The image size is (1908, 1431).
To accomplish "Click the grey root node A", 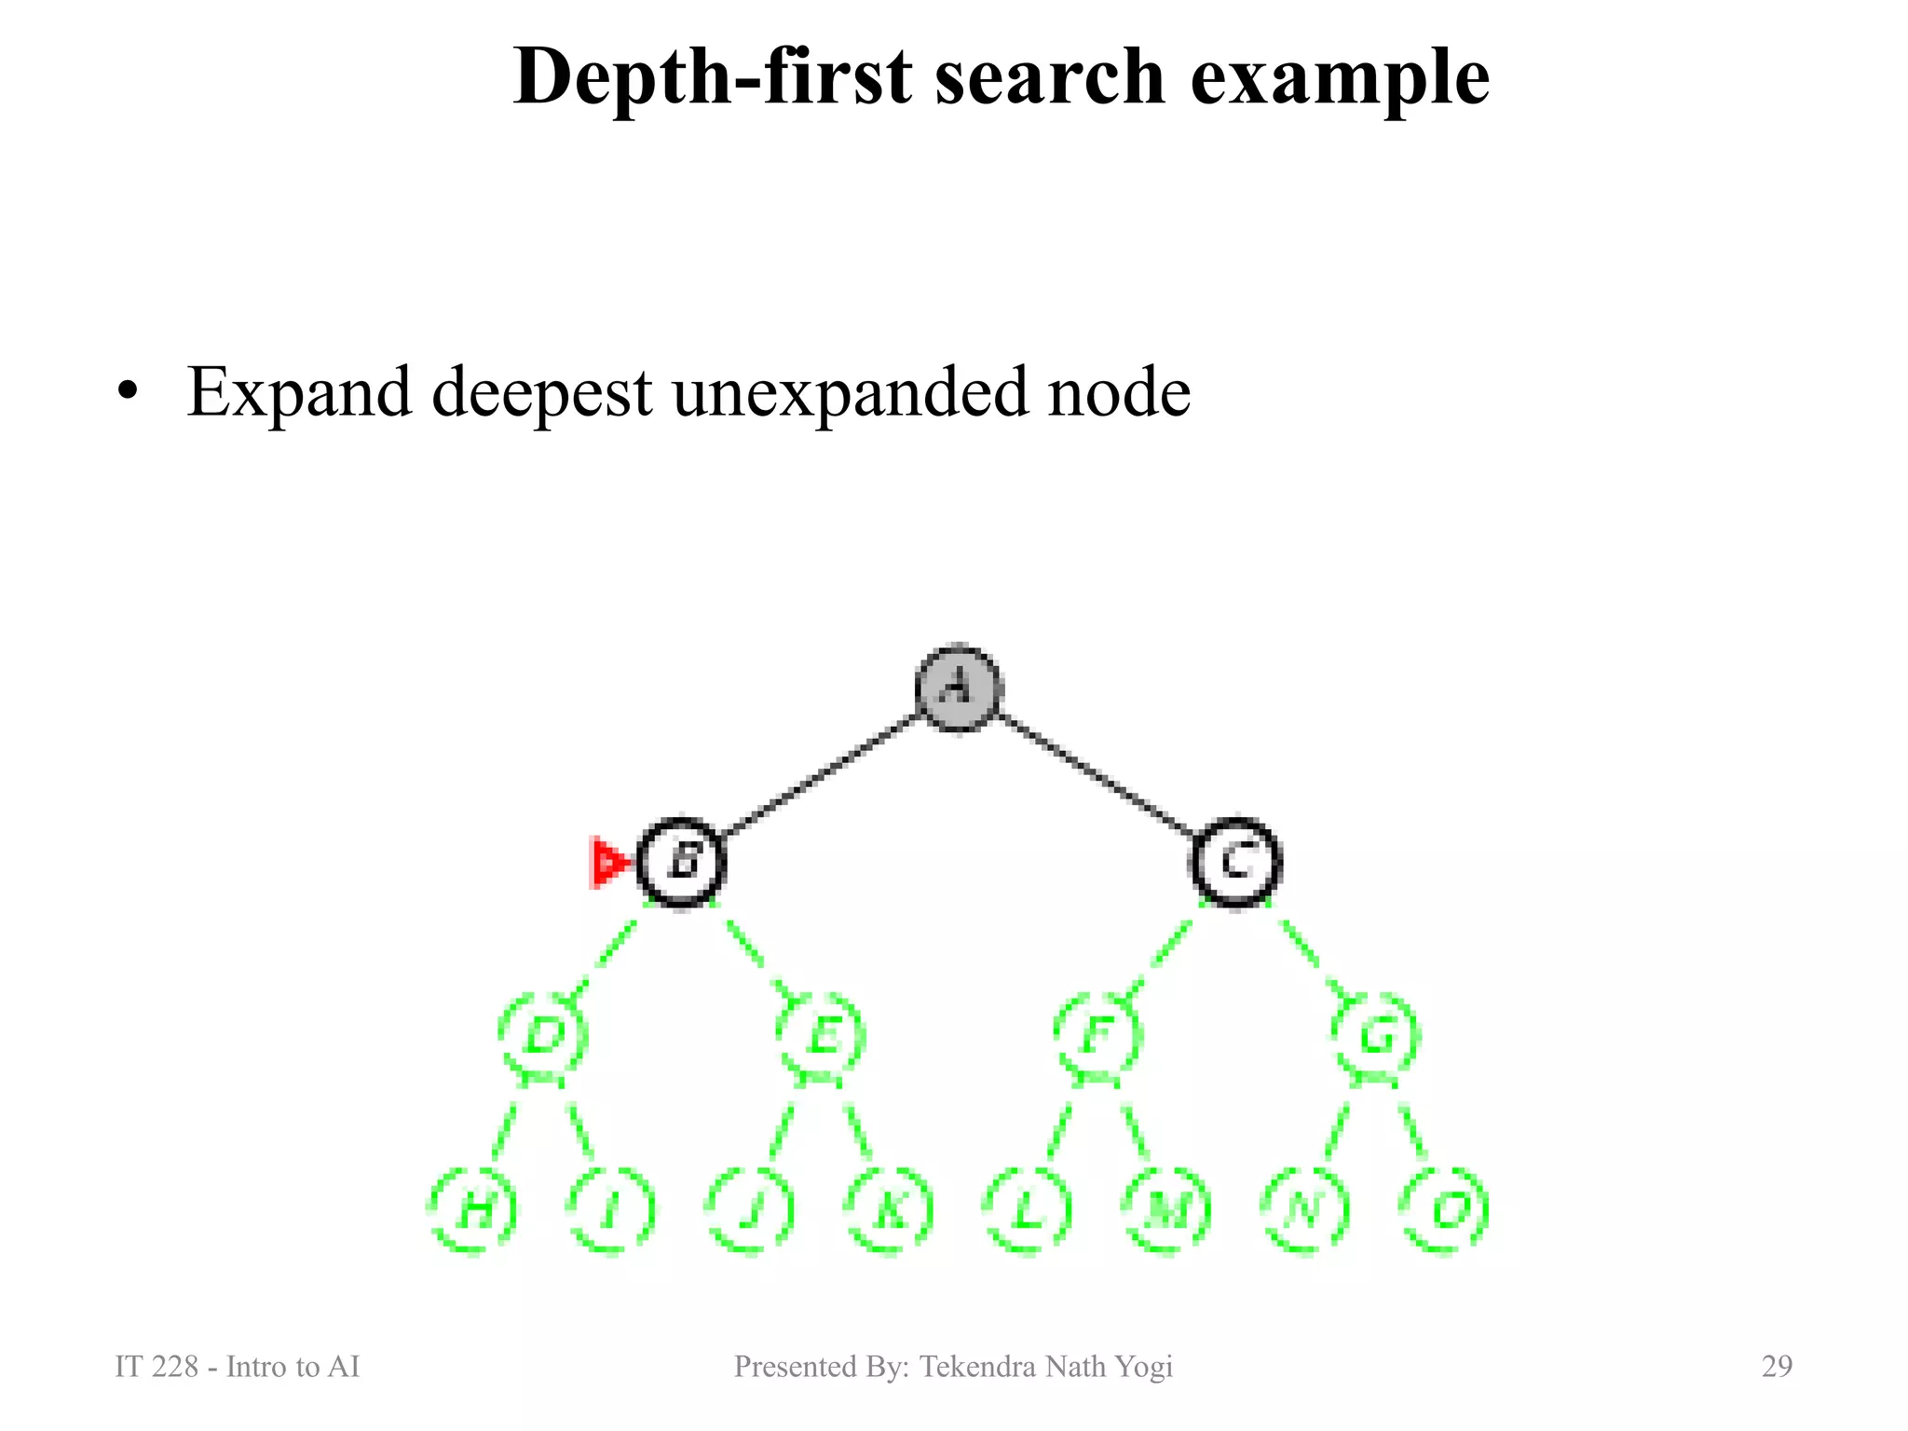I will (958, 688).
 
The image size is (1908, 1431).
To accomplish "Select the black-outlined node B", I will (682, 862).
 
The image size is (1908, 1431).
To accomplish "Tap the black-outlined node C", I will (1236, 862).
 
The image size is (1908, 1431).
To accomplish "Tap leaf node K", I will (890, 1210).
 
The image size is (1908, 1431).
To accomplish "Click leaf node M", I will (1166, 1210).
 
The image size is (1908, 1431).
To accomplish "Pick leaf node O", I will (1444, 1210).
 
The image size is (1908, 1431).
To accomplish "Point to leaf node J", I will (751, 1210).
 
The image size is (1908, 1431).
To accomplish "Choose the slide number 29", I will (1777, 1366).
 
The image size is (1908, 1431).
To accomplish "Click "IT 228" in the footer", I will (156, 1367).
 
